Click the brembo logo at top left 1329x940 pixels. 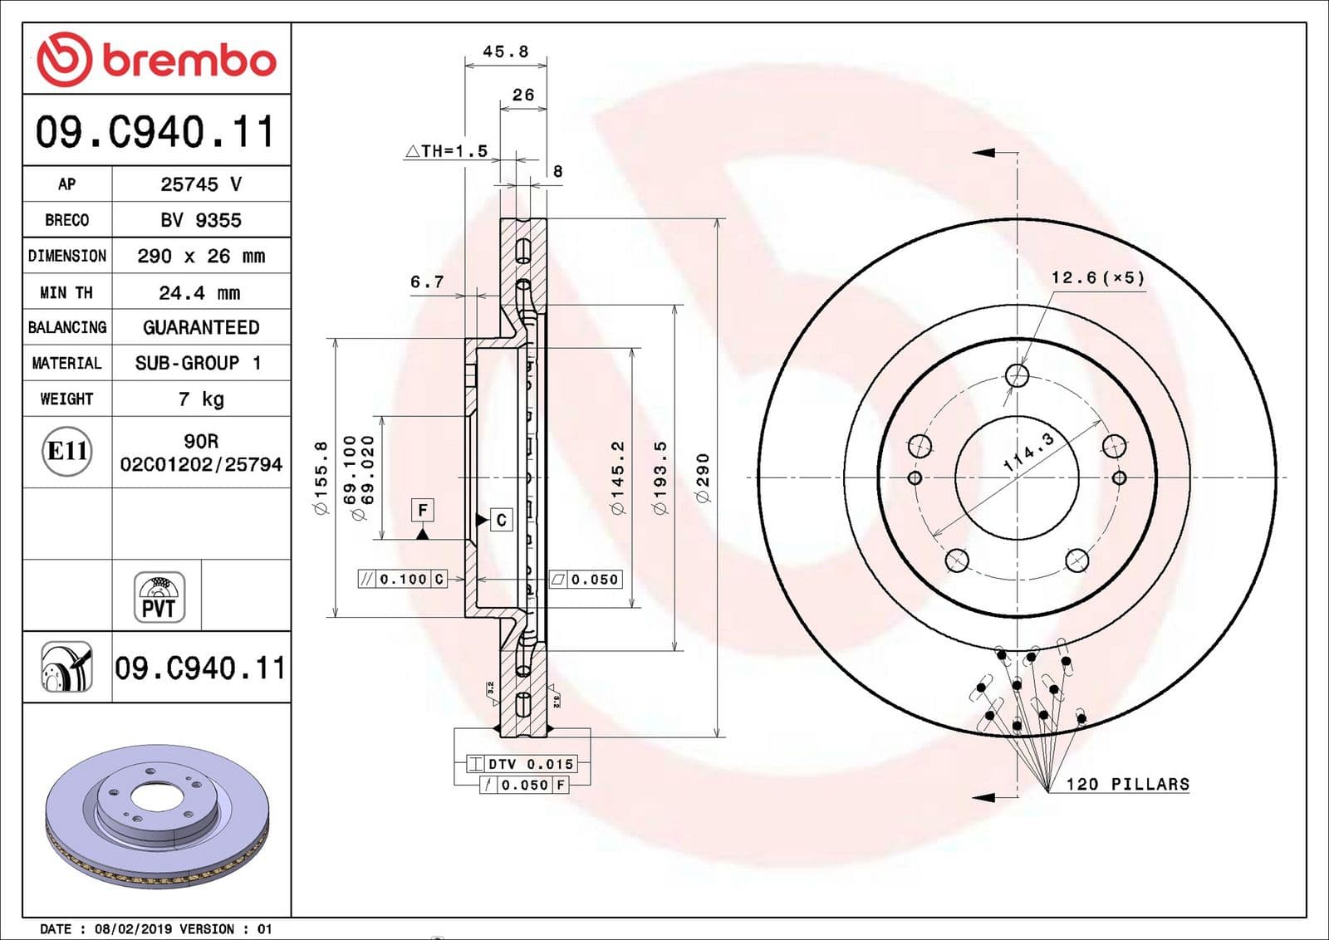[x=156, y=59]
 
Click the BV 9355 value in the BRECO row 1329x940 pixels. [x=201, y=220]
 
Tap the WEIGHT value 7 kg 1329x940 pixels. [x=201, y=399]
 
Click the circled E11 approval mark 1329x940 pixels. [x=66, y=451]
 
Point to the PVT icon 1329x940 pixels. [x=159, y=597]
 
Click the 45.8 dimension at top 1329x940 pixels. [x=505, y=51]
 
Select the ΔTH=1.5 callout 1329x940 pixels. [x=446, y=151]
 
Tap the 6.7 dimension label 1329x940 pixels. [x=427, y=282]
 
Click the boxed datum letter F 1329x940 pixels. [x=423, y=510]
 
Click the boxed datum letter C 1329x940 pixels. [x=501, y=520]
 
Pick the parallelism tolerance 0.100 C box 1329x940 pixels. [x=402, y=579]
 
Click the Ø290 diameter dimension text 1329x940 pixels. [x=703, y=477]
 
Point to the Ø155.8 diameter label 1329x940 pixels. [x=321, y=477]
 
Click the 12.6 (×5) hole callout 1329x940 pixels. [x=1097, y=277]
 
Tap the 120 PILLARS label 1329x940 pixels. [x=1127, y=784]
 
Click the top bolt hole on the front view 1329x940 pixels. [x=1017, y=375]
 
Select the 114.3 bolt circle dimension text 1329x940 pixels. [x=1028, y=453]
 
